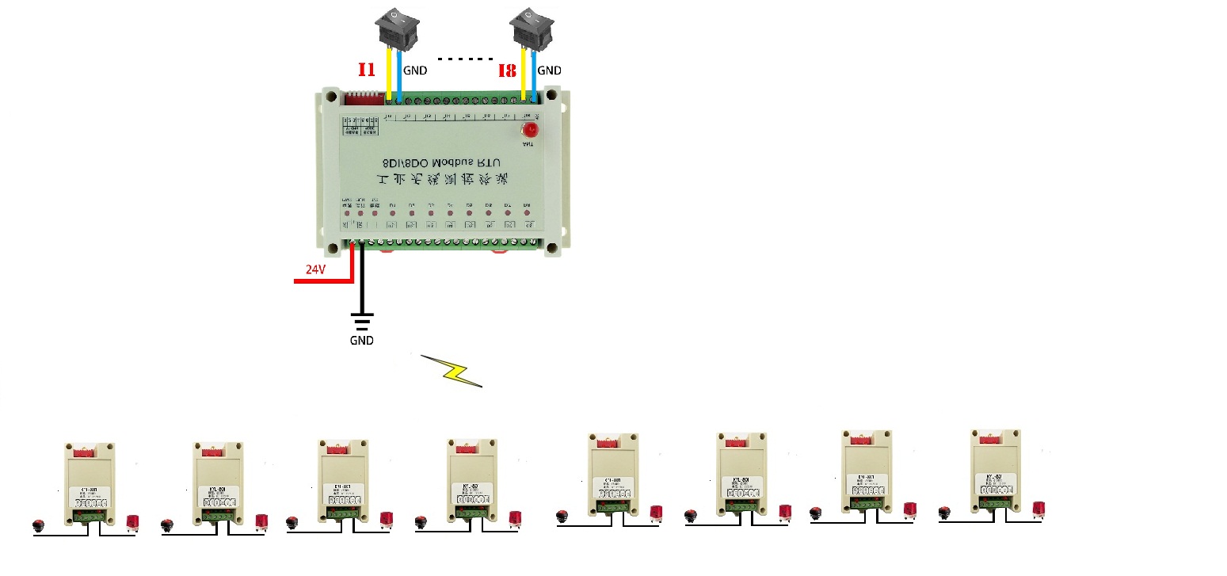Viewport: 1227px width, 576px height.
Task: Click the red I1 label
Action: [366, 70]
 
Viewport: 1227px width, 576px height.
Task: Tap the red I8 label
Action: [507, 71]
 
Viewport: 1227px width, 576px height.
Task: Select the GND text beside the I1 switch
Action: [415, 71]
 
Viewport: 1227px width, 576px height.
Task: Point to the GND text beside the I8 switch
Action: [549, 71]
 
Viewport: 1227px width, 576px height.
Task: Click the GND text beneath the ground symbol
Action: [361, 341]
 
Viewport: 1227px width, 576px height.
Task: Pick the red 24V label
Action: [315, 269]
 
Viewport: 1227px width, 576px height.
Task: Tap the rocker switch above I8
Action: [528, 28]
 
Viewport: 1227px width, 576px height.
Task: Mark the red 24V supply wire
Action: [325, 280]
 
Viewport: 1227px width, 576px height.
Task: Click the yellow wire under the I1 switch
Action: [388, 75]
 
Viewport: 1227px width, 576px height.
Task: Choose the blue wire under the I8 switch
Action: [535, 75]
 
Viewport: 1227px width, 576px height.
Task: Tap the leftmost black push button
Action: [37, 525]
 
